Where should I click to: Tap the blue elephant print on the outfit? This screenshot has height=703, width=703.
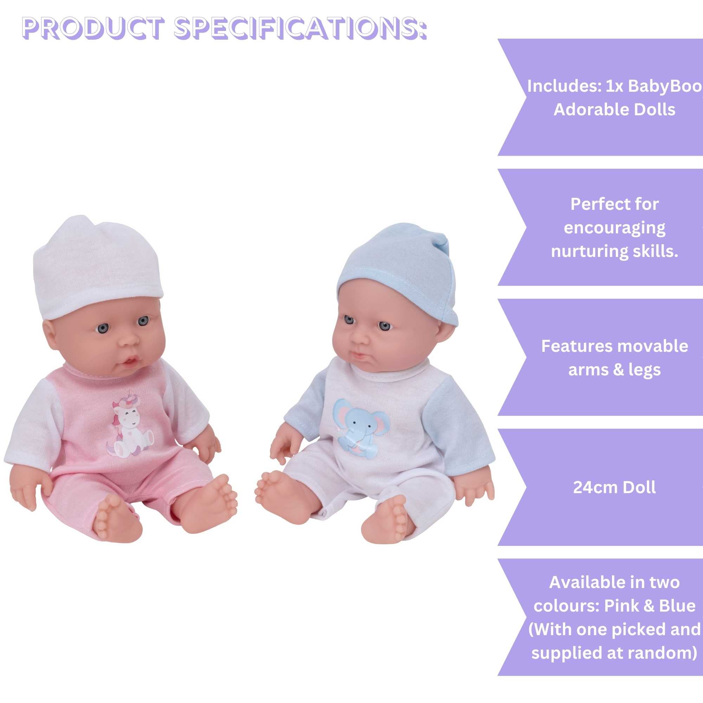360,428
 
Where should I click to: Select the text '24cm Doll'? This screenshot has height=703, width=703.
614,487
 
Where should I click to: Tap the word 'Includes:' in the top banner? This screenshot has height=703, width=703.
564,86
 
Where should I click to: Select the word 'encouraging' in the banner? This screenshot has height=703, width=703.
614,228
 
